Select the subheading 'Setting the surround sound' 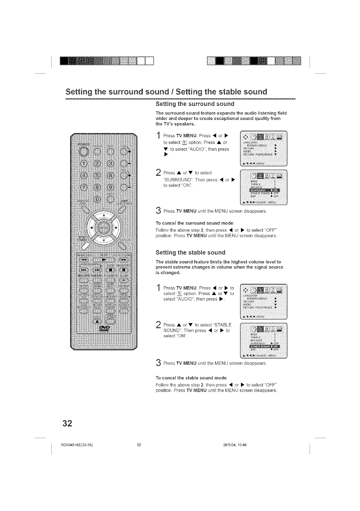click(x=195, y=104)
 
